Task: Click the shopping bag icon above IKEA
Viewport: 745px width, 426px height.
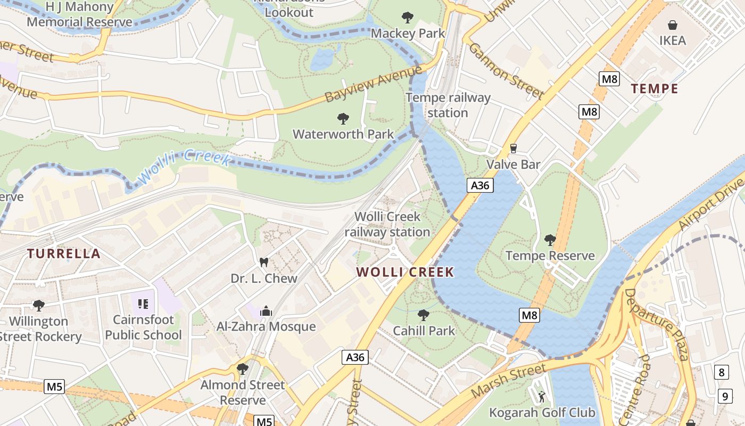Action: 673,25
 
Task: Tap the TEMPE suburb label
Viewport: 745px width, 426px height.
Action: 655,89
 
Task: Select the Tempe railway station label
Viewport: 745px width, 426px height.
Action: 448,105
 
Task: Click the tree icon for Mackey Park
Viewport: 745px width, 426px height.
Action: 408,18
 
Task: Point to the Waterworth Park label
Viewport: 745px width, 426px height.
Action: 343,134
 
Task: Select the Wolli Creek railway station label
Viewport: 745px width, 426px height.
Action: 387,224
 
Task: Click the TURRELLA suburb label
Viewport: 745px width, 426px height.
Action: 64,253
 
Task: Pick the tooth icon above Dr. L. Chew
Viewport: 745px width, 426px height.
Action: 263,262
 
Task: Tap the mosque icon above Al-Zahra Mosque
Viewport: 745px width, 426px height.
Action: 266,311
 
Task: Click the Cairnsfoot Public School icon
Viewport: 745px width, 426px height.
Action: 143,304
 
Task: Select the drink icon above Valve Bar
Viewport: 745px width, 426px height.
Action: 514,149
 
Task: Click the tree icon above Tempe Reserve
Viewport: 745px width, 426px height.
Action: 550,240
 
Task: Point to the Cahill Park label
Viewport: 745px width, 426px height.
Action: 424,331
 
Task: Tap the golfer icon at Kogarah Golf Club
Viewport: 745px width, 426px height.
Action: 542,397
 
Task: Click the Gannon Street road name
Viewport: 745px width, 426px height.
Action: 506,71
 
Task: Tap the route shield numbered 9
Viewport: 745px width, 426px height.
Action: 725,396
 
